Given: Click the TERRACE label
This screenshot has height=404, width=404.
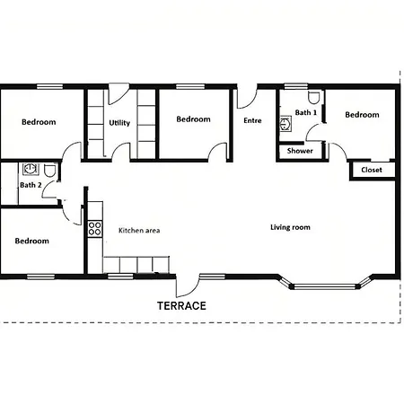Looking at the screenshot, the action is [x=181, y=305].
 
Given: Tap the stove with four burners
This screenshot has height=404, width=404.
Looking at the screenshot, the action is [x=95, y=229].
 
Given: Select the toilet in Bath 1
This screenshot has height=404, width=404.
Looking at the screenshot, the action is [x=313, y=98].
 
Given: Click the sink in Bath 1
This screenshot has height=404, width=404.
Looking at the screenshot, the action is [x=285, y=124].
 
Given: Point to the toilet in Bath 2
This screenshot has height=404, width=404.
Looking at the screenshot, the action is [x=49, y=170].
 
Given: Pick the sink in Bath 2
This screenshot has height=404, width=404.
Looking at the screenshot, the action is [x=31, y=169].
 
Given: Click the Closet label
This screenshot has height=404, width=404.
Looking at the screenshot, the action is [x=372, y=170].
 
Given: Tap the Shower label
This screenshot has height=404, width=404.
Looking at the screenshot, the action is [x=300, y=151].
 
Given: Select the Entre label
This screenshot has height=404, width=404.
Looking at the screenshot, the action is [x=252, y=120].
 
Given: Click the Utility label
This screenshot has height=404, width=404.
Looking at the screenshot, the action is [x=119, y=123].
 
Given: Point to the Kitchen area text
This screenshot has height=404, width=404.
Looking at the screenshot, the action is [x=139, y=230].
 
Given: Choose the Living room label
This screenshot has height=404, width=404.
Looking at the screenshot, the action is [x=290, y=227].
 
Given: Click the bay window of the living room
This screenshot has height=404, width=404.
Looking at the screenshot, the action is [x=325, y=286].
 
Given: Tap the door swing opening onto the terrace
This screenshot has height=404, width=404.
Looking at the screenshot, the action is [x=187, y=286].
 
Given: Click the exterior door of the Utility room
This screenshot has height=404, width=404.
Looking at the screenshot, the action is [x=119, y=93].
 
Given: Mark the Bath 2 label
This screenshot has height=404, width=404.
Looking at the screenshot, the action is [x=31, y=185].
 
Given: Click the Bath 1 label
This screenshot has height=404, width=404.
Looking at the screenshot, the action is [x=306, y=112].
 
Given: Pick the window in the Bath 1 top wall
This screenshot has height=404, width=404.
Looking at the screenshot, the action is [x=295, y=86].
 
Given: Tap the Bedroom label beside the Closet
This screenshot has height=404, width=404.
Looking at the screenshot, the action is [x=362, y=115].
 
